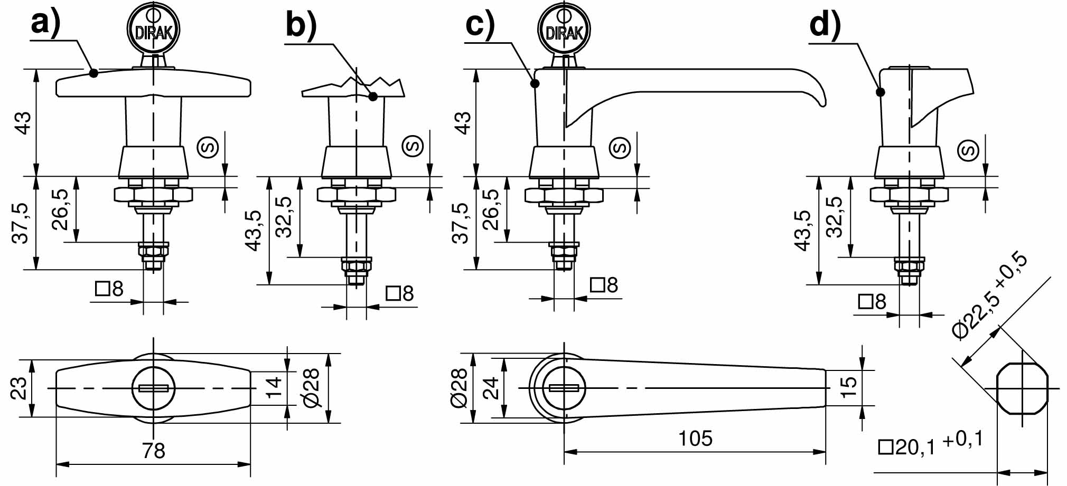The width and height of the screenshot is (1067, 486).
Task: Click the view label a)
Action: pyautogui.click(x=46, y=24)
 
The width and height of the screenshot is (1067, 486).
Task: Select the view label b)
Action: pyautogui.click(x=301, y=25)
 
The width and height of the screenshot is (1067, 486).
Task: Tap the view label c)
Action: pyautogui.click(x=480, y=25)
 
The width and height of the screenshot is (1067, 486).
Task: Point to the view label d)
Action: pyautogui.click(x=825, y=25)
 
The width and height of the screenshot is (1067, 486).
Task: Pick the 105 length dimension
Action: pyautogui.click(x=695, y=439)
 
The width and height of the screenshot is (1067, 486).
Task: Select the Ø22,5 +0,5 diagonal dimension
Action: pyautogui.click(x=990, y=296)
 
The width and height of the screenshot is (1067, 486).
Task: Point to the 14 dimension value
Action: pyautogui.click(x=274, y=388)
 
